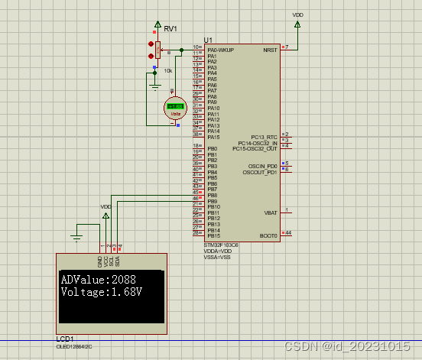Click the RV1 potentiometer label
click(x=170, y=29)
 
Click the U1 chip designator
click(x=208, y=40)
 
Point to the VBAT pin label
click(x=271, y=212)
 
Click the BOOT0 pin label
click(x=268, y=236)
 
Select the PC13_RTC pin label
click(x=264, y=137)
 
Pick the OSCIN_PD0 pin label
click(x=262, y=167)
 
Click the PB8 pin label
click(x=213, y=196)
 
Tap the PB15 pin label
click(x=214, y=236)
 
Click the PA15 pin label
click(x=214, y=137)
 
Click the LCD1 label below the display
click(x=65, y=338)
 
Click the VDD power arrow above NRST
click(x=297, y=24)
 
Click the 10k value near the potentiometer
click(x=168, y=70)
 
